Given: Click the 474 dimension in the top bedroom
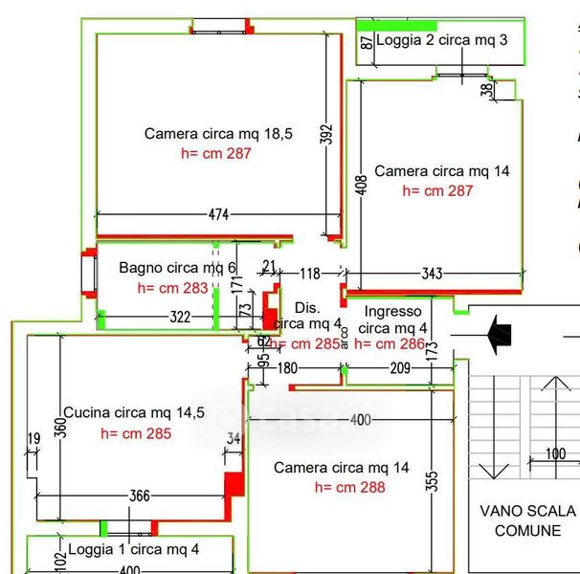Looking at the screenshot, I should point(218,215).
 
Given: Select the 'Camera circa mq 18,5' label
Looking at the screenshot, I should point(205,134).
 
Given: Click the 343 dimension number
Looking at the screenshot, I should point(432,275).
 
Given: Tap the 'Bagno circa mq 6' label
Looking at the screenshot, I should point(177,268).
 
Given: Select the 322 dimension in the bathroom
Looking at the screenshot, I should point(180,317).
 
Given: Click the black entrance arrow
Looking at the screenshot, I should point(499,333).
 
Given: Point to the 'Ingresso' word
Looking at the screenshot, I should point(392,312).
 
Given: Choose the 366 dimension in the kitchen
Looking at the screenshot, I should point(139,496).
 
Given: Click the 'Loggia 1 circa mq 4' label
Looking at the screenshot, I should point(133,550).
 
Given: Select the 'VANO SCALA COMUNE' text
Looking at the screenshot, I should point(527,520).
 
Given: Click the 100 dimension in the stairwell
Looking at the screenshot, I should point(555,454).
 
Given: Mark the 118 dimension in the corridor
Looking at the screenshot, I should point(309,275).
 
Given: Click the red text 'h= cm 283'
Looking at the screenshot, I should point(172,287).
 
